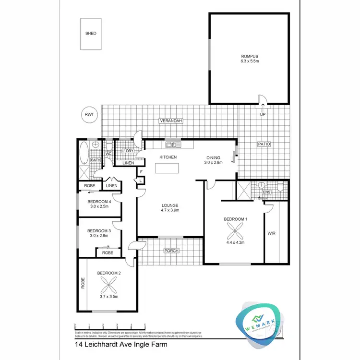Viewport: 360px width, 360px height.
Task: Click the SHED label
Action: click(x=91, y=34)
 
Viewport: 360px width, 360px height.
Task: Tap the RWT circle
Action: click(x=89, y=115)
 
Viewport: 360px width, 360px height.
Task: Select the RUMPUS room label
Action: click(x=250, y=56)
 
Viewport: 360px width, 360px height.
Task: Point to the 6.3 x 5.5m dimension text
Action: click(x=250, y=61)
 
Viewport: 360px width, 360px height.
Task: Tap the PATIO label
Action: click(x=264, y=144)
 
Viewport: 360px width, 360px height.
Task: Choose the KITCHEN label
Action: click(x=168, y=157)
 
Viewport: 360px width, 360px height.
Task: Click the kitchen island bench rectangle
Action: click(x=171, y=168)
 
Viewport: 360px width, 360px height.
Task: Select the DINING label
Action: click(x=213, y=157)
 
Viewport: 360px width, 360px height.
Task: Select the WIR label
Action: click(x=272, y=234)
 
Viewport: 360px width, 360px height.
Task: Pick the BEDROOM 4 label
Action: click(x=100, y=202)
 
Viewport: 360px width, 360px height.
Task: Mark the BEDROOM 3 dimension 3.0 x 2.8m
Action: click(x=100, y=236)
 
